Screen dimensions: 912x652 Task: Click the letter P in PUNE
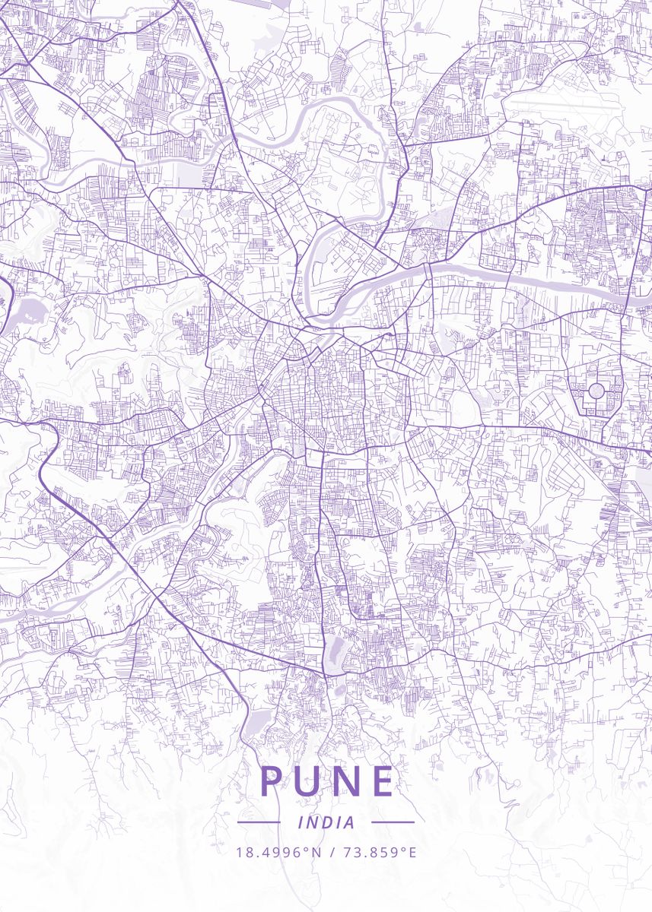pos(272,781)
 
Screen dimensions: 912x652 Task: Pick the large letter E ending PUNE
pos(384,781)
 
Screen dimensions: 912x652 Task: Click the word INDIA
pos(326,822)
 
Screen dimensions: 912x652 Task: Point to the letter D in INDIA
pos(328,822)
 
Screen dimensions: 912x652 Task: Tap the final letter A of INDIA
pos(349,822)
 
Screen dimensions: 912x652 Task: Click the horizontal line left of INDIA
pos(259,822)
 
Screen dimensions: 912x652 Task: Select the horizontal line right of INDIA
pos(393,822)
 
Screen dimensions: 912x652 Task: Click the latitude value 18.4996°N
pos(279,852)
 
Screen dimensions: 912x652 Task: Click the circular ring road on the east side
pos(596,391)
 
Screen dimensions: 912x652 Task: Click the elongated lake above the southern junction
pos(333,648)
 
